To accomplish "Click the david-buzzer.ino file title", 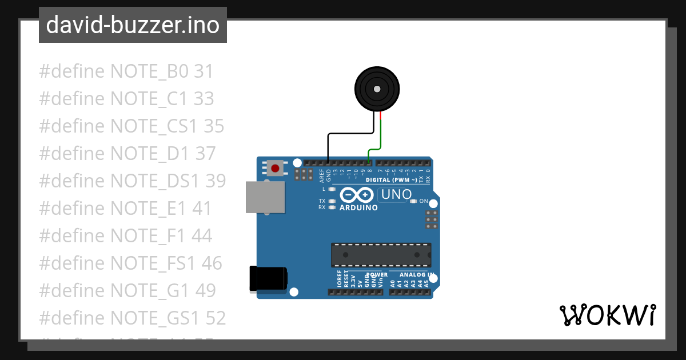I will click(133, 25).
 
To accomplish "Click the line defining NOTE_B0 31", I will click(126, 71).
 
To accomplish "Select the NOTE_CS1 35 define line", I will click(131, 126).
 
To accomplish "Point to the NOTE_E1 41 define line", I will click(125, 208).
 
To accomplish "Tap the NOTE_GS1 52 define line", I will click(132, 318).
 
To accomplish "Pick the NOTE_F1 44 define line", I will click(125, 235).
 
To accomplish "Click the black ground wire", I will click(343, 135).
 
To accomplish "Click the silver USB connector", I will click(264, 197).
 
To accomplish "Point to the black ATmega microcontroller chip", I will click(381, 255).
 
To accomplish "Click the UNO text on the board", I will click(396, 194).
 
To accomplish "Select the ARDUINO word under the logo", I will click(358, 208).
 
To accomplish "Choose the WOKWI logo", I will click(607, 315).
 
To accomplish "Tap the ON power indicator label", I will click(424, 201).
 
